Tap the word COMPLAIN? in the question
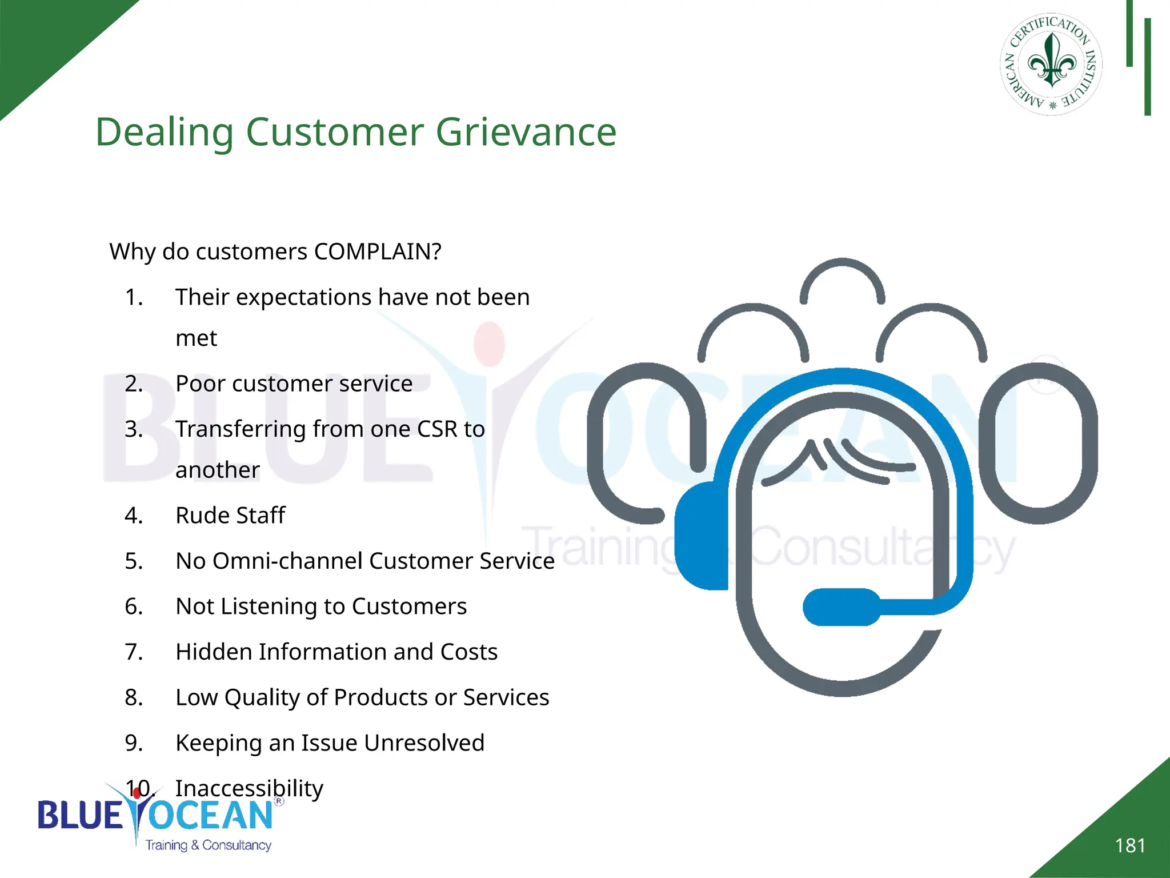(x=378, y=252)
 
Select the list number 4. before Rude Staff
(x=134, y=516)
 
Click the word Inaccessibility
(x=249, y=789)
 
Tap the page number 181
(x=1130, y=845)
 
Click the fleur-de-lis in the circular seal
(x=1052, y=60)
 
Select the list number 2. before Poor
(x=134, y=384)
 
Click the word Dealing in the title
(x=165, y=133)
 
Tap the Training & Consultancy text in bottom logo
(x=208, y=845)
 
